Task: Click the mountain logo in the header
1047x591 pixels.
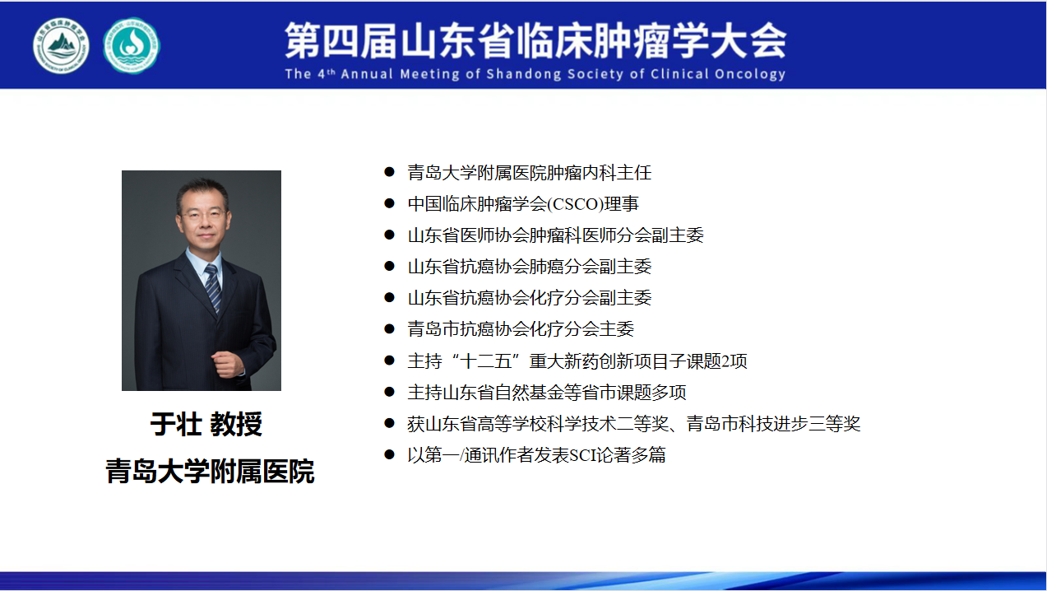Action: tap(61, 46)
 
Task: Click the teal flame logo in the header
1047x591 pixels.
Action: tap(132, 46)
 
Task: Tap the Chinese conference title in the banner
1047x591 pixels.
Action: tap(535, 40)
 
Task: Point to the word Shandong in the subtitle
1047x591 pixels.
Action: tap(523, 74)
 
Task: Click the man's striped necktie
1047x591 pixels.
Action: tap(213, 288)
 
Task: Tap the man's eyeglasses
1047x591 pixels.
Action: tap(204, 215)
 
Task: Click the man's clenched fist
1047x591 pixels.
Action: tap(228, 364)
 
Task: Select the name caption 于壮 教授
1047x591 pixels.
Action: tap(206, 425)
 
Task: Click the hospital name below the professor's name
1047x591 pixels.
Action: tap(210, 471)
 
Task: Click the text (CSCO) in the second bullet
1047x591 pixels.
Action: tap(575, 204)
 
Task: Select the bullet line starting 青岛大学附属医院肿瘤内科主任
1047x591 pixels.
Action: tap(529, 173)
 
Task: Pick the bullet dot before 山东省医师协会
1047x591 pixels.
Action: tap(389, 235)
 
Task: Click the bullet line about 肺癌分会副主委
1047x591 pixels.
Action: tap(529, 267)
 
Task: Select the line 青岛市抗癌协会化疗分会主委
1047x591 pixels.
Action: tap(521, 329)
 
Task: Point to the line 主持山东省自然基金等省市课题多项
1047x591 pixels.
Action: tap(546, 392)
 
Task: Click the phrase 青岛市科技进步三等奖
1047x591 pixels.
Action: tap(773, 423)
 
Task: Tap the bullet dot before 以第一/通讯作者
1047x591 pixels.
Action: tap(389, 454)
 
